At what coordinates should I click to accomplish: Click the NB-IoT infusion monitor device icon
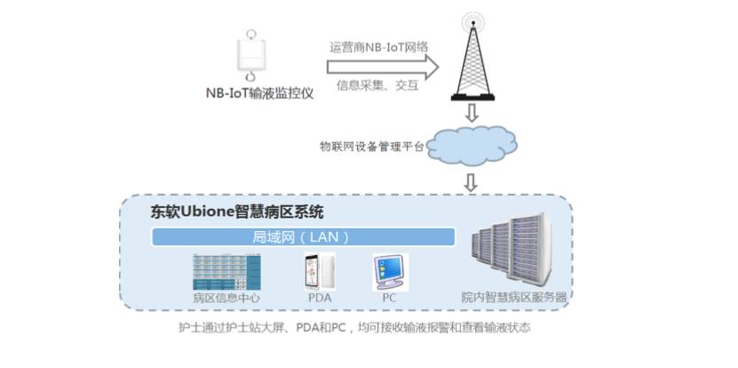pyautogui.click(x=251, y=56)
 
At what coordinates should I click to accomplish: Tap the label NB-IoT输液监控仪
pyautogui.click(x=260, y=93)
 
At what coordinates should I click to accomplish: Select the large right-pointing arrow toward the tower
pyautogui.click(x=383, y=67)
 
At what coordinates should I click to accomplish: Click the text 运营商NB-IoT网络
pyautogui.click(x=379, y=47)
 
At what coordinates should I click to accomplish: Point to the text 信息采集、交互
pyautogui.click(x=377, y=85)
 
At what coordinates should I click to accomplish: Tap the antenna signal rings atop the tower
pyautogui.click(x=472, y=22)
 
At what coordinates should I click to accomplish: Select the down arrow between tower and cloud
pyautogui.click(x=472, y=113)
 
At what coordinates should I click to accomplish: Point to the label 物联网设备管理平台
pyautogui.click(x=372, y=147)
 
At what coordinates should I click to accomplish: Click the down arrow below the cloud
pyautogui.click(x=471, y=183)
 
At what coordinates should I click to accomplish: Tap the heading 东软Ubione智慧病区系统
pyautogui.click(x=237, y=212)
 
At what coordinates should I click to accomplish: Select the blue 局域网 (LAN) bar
pyautogui.click(x=303, y=237)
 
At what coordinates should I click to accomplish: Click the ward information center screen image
pyautogui.click(x=226, y=272)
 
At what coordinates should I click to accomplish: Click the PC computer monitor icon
pyautogui.click(x=390, y=272)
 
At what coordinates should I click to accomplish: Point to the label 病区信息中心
pyautogui.click(x=226, y=298)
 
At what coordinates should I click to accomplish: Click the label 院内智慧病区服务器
pyautogui.click(x=513, y=298)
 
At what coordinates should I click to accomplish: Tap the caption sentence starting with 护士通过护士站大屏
pyautogui.click(x=354, y=327)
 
